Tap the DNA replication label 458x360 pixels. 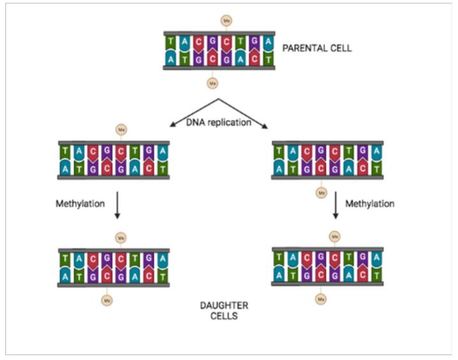[x=219, y=123]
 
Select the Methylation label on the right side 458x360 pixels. [x=369, y=204]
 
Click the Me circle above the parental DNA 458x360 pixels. [x=226, y=21]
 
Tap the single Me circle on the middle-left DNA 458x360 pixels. [x=120, y=130]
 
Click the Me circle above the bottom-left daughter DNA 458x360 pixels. [x=120, y=237]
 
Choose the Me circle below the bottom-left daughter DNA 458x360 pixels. [x=106, y=298]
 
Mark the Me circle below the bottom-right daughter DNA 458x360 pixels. [x=321, y=298]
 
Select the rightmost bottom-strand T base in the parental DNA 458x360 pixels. [x=269, y=58]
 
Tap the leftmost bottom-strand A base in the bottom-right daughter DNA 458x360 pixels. [x=279, y=275]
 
